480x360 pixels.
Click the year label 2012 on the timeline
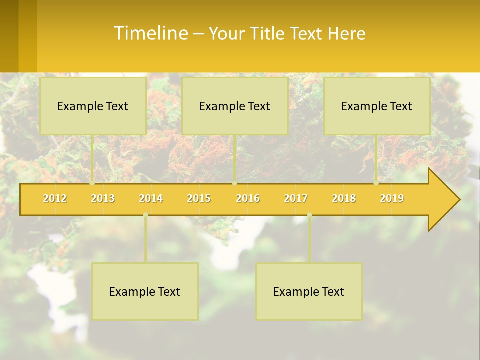55,198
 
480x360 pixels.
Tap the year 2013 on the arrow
103,198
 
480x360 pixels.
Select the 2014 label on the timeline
151,198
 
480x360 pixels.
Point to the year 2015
199,198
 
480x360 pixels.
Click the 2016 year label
248,198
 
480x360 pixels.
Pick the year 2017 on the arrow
296,198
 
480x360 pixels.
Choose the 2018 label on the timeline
344,198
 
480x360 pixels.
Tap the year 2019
392,198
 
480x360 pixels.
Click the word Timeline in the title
150,33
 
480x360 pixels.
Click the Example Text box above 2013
93,106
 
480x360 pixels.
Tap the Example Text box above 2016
235,106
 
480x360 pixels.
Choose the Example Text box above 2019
377,106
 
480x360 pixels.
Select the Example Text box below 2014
145,291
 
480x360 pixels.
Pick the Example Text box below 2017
309,291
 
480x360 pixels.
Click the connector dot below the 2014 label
145,215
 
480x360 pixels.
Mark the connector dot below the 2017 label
309,215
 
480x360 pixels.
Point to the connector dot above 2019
376,183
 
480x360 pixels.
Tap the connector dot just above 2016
235,183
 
